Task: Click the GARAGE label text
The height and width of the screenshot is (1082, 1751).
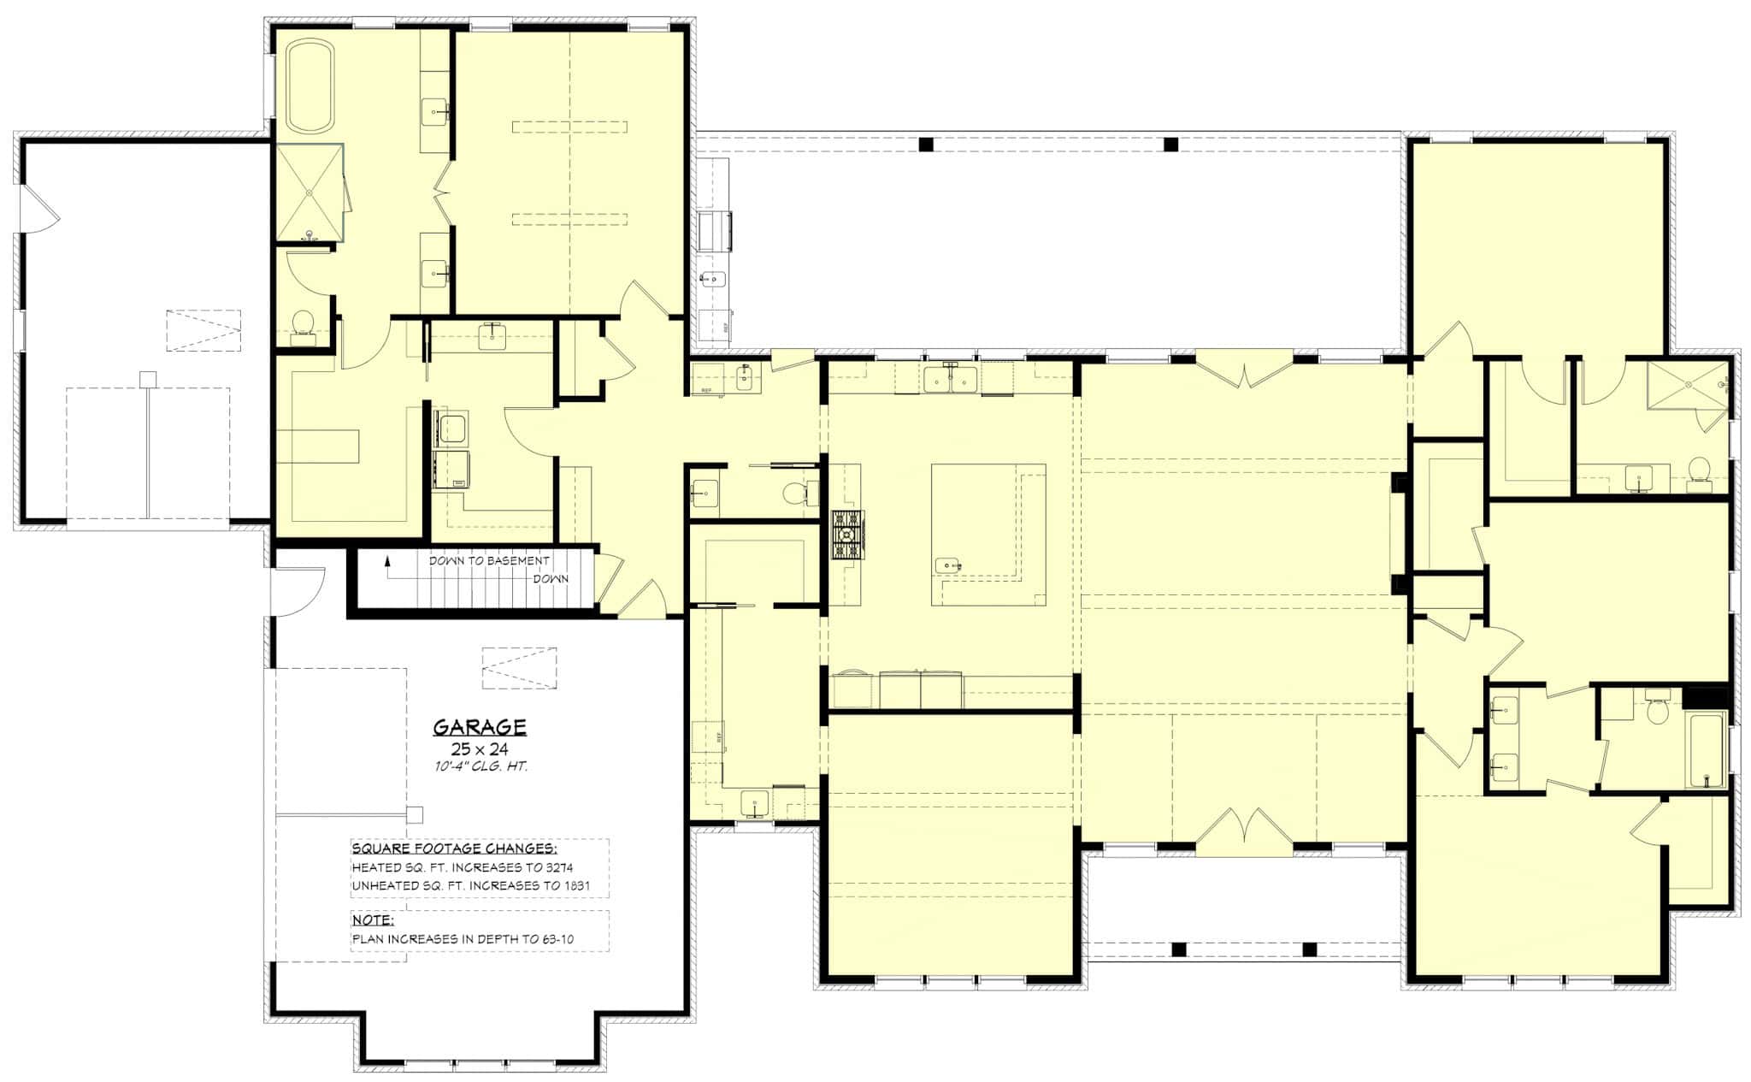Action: pos(479,727)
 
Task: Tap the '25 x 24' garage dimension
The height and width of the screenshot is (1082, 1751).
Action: pos(479,749)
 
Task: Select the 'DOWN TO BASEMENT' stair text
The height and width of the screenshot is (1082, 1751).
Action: pos(488,561)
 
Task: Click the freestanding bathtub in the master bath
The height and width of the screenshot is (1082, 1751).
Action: pos(310,87)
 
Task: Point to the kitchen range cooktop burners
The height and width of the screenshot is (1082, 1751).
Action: pos(847,535)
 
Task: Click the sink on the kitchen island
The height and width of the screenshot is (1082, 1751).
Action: pos(947,565)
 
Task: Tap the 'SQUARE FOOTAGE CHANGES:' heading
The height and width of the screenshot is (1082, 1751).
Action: pos(454,848)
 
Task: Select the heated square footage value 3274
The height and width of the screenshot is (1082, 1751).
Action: pos(558,867)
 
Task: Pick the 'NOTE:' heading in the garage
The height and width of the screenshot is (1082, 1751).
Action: pos(373,920)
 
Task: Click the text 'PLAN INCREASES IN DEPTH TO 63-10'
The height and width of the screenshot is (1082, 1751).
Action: pos(463,939)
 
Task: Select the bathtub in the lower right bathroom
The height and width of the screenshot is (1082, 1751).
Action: pos(1706,750)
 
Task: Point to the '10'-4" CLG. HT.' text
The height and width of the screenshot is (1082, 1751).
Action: pos(480,766)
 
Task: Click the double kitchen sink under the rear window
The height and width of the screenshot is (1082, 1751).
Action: pos(952,378)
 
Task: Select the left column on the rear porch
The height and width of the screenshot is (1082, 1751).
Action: pos(926,144)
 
